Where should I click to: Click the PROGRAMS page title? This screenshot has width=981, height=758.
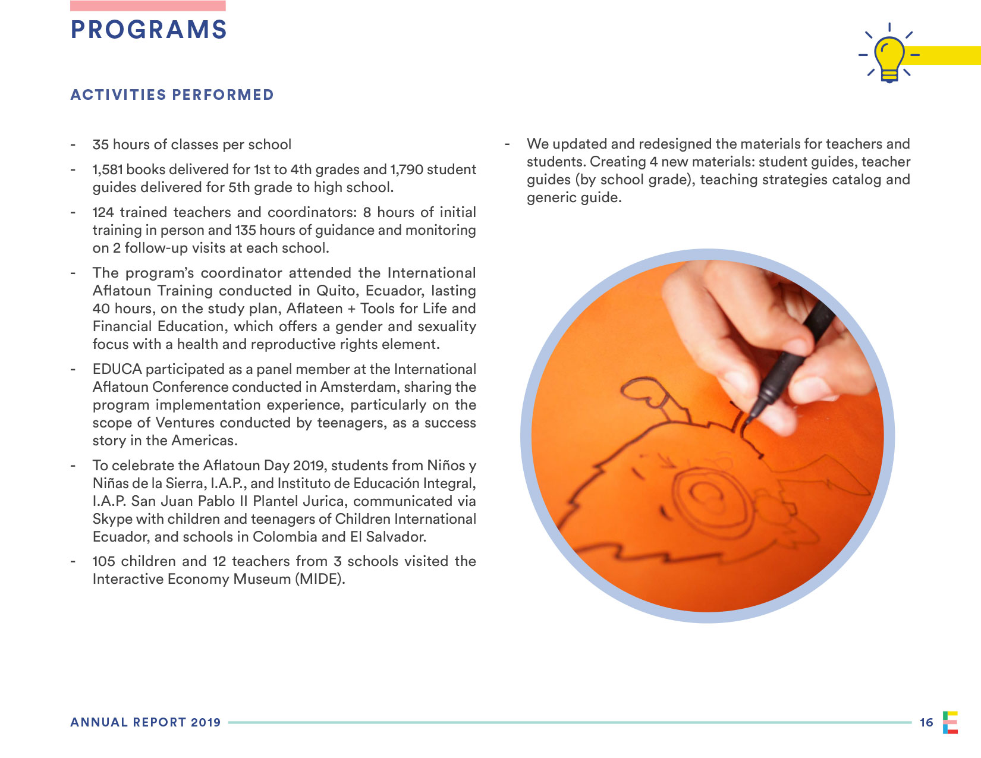[149, 30]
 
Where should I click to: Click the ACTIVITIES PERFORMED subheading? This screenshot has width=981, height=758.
[172, 95]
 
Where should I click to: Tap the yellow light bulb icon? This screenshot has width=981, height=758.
[889, 57]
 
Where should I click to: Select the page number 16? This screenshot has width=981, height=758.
[926, 722]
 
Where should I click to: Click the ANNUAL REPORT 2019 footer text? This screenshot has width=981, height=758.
[146, 722]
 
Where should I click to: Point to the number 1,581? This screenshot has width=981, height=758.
[108, 169]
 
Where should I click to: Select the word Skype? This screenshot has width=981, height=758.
[112, 519]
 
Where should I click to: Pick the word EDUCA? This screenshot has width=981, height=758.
[117, 369]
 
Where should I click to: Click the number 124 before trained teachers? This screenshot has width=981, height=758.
[103, 212]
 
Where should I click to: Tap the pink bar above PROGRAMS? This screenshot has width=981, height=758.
[147, 6]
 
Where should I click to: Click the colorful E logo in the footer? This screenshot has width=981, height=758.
[950, 722]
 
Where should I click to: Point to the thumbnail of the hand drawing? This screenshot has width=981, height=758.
[708, 436]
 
